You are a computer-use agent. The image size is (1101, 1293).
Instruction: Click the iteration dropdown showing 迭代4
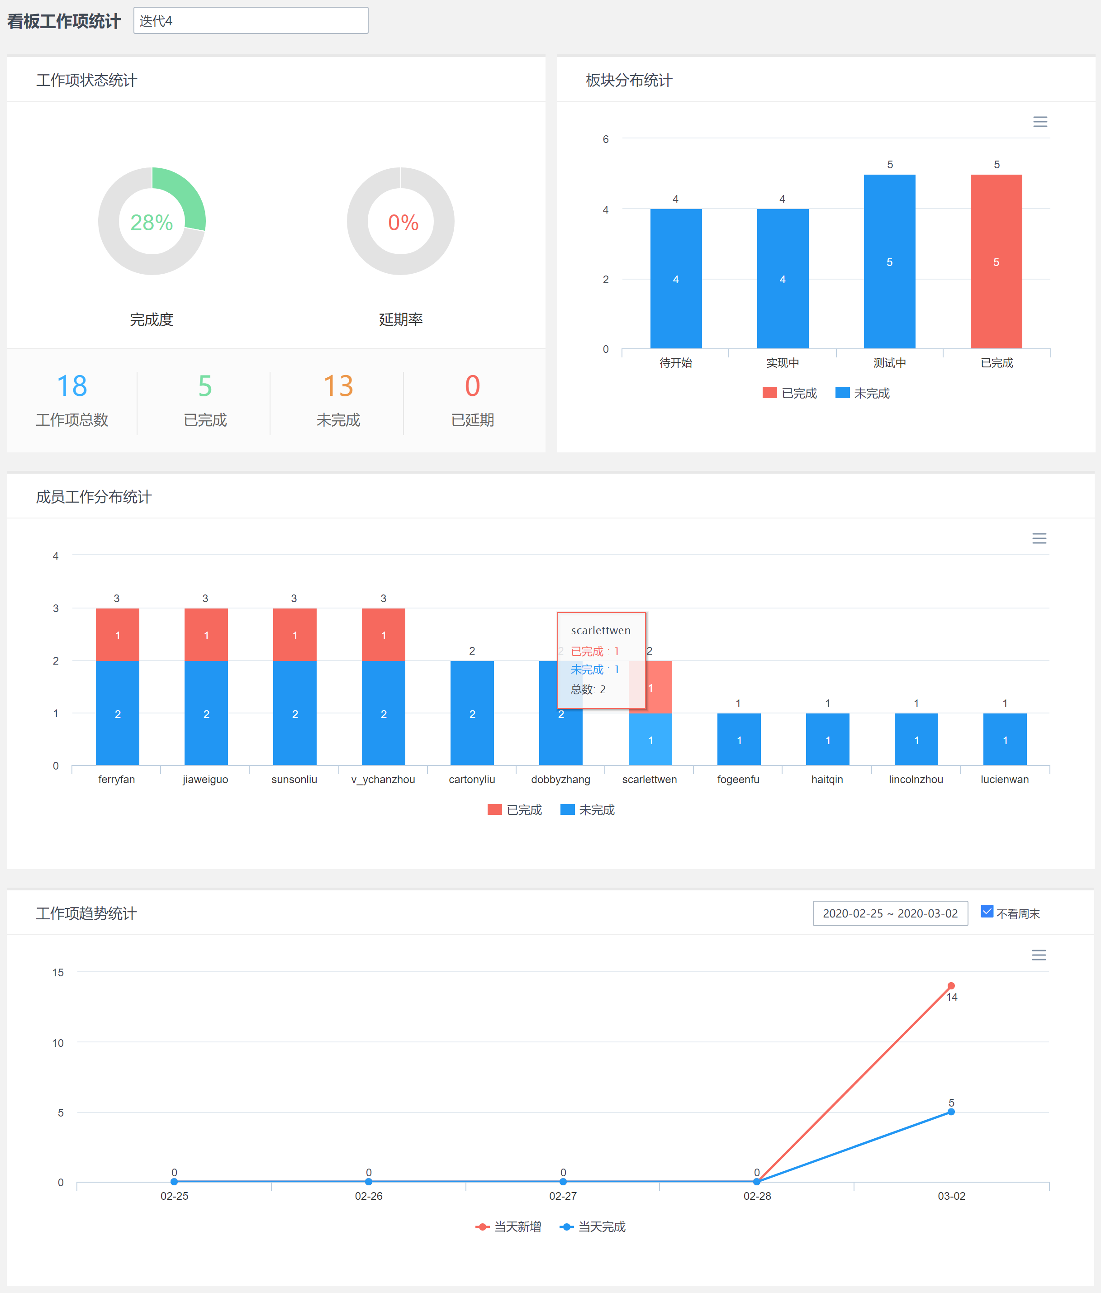coord(250,21)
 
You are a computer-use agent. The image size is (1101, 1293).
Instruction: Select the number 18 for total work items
coord(72,385)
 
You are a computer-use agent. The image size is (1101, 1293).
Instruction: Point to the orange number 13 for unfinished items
coord(338,385)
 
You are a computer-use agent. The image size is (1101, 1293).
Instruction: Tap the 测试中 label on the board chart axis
coord(890,362)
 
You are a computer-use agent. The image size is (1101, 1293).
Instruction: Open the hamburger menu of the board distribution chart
coord(1040,122)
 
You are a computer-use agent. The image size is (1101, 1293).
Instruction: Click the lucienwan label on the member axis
coord(1004,780)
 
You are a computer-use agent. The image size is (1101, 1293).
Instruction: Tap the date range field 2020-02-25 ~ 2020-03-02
coord(890,913)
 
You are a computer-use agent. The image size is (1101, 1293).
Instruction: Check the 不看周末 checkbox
coord(987,912)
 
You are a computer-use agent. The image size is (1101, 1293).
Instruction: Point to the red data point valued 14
coord(951,986)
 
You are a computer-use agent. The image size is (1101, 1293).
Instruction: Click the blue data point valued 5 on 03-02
coord(951,1112)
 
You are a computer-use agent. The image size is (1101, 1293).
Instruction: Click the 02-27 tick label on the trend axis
coord(563,1196)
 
